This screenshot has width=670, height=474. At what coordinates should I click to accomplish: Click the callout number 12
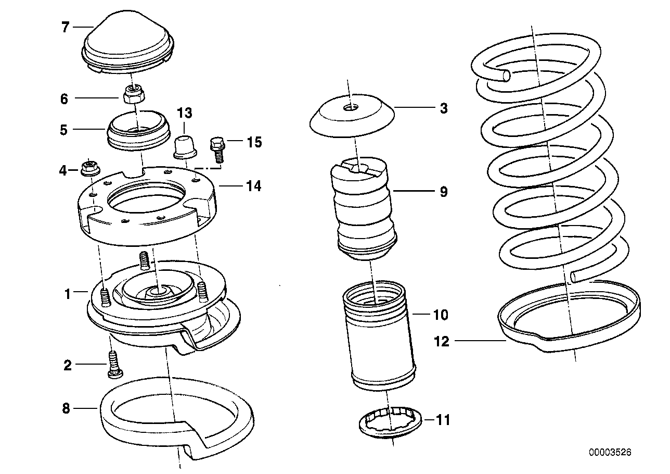(x=442, y=342)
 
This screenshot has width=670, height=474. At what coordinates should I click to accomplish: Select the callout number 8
(x=66, y=408)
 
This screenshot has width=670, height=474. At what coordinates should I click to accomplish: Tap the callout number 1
(x=67, y=294)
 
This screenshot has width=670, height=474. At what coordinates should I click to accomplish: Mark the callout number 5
(x=63, y=130)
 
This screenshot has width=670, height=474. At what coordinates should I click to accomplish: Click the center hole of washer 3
(x=352, y=108)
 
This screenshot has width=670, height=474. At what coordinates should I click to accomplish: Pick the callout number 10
(x=441, y=315)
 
